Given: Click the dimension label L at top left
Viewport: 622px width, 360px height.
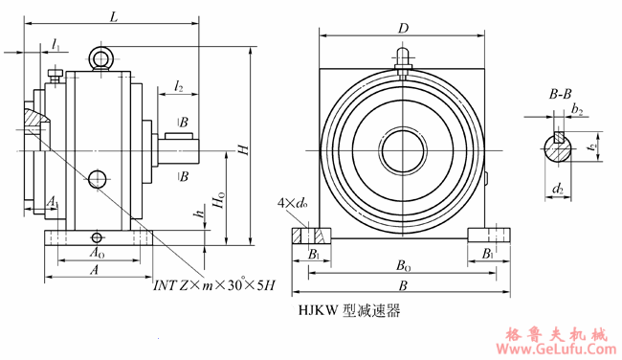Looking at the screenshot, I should (114, 16).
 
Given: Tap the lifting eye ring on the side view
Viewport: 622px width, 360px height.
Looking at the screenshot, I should (100, 59).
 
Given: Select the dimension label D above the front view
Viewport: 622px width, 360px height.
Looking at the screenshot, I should (404, 29).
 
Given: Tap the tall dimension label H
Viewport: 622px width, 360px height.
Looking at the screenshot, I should (243, 150).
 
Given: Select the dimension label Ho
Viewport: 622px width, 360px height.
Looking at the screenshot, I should (220, 201).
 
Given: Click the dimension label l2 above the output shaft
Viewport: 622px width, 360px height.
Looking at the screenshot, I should (179, 87).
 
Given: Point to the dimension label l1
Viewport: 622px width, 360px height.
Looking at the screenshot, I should (56, 45).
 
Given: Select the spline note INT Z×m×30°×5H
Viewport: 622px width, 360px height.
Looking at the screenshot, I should (214, 285).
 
